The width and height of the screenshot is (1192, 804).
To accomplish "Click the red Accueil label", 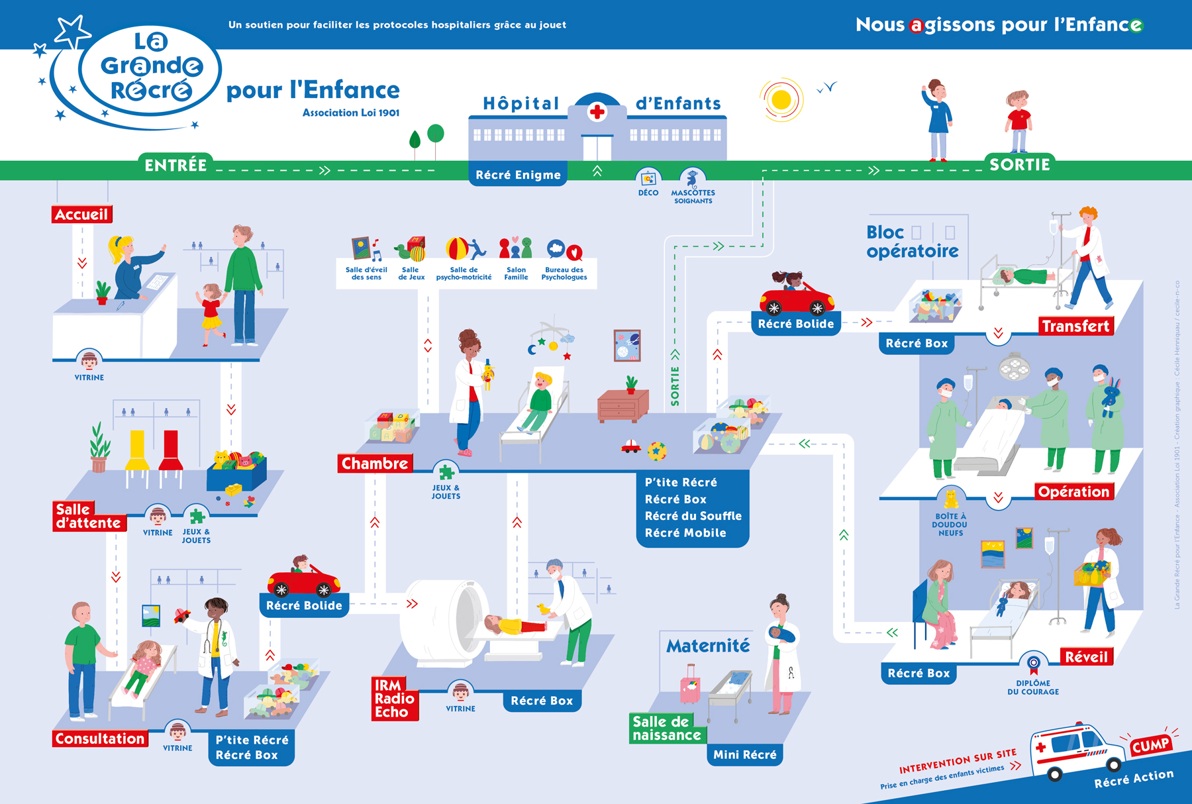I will (81, 215).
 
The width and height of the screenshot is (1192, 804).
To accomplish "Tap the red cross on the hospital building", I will (597, 111).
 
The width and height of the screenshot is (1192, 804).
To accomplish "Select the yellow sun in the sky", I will (781, 100).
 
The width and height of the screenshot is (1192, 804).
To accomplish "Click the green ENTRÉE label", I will (175, 165).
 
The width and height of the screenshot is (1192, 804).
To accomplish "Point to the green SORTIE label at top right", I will (1019, 164).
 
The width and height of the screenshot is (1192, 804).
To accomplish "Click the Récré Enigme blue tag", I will (518, 175).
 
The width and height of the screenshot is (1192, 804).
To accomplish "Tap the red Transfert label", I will (1075, 326).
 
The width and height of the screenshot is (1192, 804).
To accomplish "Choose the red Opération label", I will (1073, 491).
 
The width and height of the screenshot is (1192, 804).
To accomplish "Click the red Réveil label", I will (1086, 657).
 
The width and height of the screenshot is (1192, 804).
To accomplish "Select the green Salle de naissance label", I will (666, 729).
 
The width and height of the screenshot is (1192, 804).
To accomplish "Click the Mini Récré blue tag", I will (745, 754).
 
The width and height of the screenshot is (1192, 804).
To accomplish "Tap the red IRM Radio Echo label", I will (394, 699).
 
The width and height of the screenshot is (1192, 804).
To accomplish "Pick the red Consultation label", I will (100, 738).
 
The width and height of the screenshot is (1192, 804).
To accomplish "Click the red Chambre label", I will (375, 464).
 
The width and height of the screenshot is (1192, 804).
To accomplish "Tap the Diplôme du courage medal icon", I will (1033, 663).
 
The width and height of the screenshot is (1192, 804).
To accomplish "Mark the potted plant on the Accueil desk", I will (103, 292).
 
